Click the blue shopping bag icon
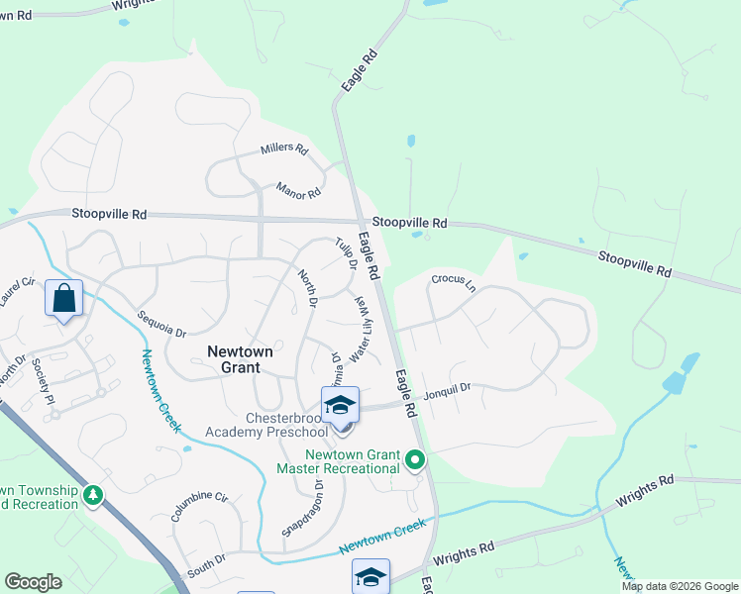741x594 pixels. click(63, 298)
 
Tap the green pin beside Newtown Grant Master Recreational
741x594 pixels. click(415, 460)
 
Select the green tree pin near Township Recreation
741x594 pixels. click(93, 494)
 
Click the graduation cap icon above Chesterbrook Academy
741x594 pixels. click(340, 405)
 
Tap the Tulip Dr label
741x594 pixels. click(345, 253)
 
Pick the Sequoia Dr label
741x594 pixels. click(161, 326)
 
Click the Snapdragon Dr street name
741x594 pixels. click(303, 507)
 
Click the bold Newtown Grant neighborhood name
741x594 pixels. click(234, 358)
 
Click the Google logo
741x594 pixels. click(33, 582)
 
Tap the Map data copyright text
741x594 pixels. click(679, 586)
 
